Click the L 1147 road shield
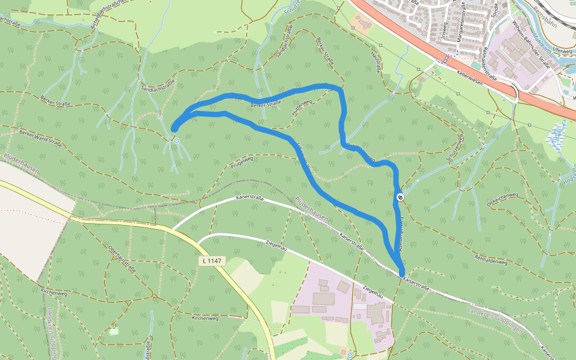click(x=212, y=262)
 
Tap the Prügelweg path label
click(x=242, y=163)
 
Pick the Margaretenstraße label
click(x=461, y=27)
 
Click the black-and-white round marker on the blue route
click(x=400, y=197)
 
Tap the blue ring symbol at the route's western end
click(x=176, y=141)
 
